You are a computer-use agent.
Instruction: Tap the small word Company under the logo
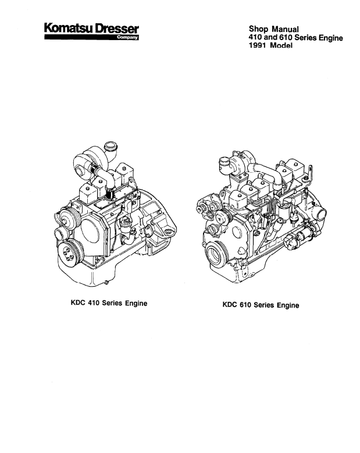point(127,38)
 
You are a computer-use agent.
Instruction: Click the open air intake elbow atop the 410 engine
point(109,146)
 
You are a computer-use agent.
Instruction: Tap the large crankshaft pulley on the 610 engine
point(219,256)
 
